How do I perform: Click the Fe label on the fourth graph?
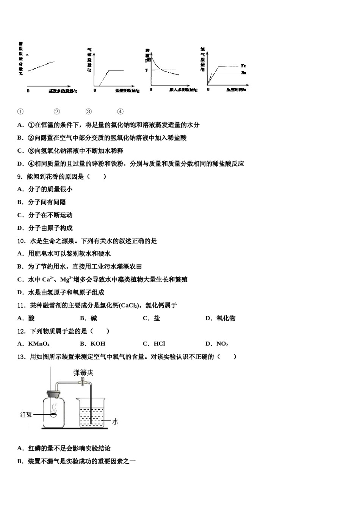click(x=243, y=66)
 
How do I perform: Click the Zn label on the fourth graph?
click(x=243, y=73)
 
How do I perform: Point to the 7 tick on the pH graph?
click(x=146, y=70)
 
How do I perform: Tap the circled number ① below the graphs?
click(x=20, y=112)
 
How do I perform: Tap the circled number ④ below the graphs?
click(x=120, y=112)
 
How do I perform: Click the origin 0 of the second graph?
click(x=95, y=90)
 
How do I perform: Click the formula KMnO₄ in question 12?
click(x=39, y=344)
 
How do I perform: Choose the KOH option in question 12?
click(x=98, y=344)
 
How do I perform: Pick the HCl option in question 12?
click(x=159, y=344)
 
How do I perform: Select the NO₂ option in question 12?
click(x=222, y=344)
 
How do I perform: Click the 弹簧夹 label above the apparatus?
click(x=83, y=373)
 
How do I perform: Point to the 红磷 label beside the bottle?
click(x=26, y=415)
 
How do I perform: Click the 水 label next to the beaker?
click(x=115, y=422)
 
